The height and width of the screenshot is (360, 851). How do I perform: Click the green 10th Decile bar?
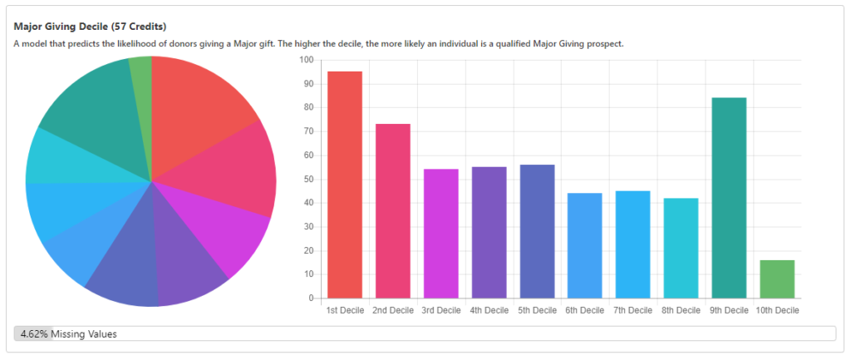coord(777,279)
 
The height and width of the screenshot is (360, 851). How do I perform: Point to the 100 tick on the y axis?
coord(307,61)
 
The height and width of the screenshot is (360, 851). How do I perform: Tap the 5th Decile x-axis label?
coord(536,311)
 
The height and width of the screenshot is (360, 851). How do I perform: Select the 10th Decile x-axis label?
coord(777,311)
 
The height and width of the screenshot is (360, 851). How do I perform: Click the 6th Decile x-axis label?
coord(584,311)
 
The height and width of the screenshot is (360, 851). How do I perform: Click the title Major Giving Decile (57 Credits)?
coord(90,27)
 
